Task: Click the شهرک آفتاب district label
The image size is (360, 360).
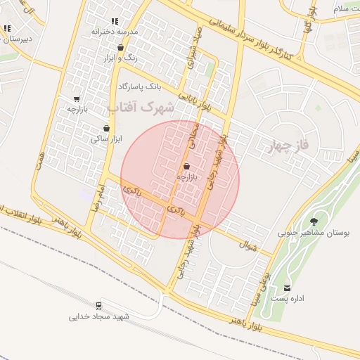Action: tap(141, 108)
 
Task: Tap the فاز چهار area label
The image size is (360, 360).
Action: tap(290, 146)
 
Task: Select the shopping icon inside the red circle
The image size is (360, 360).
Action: tap(186, 167)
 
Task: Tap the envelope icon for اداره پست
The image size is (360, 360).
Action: tap(287, 288)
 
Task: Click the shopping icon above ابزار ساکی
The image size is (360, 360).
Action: tap(106, 128)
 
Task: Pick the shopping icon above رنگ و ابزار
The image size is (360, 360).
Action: tap(121, 48)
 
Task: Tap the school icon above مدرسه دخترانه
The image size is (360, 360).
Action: tap(115, 22)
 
